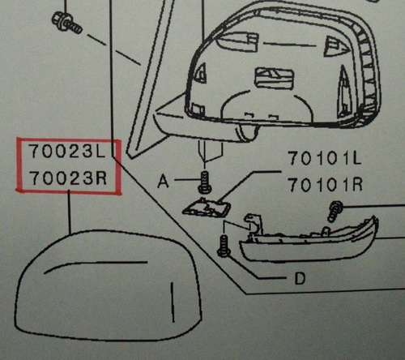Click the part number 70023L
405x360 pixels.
click(x=67, y=152)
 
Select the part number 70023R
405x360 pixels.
click(x=68, y=178)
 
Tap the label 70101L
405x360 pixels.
click(x=325, y=158)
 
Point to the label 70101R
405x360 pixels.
click(x=326, y=185)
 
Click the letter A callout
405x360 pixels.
click(x=164, y=181)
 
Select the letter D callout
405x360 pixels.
click(x=300, y=278)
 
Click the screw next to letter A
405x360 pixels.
click(x=205, y=182)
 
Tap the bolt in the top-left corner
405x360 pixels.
click(x=66, y=23)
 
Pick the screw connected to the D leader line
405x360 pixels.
click(x=224, y=246)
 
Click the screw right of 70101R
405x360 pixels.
click(x=335, y=212)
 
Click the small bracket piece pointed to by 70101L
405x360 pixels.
click(x=207, y=208)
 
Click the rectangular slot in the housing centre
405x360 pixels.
click(x=274, y=78)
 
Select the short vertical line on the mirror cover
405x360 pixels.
click(x=173, y=302)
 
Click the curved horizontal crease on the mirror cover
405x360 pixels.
click(x=96, y=264)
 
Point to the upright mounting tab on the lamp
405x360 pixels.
click(x=254, y=225)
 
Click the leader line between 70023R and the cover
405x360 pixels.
click(x=70, y=212)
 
